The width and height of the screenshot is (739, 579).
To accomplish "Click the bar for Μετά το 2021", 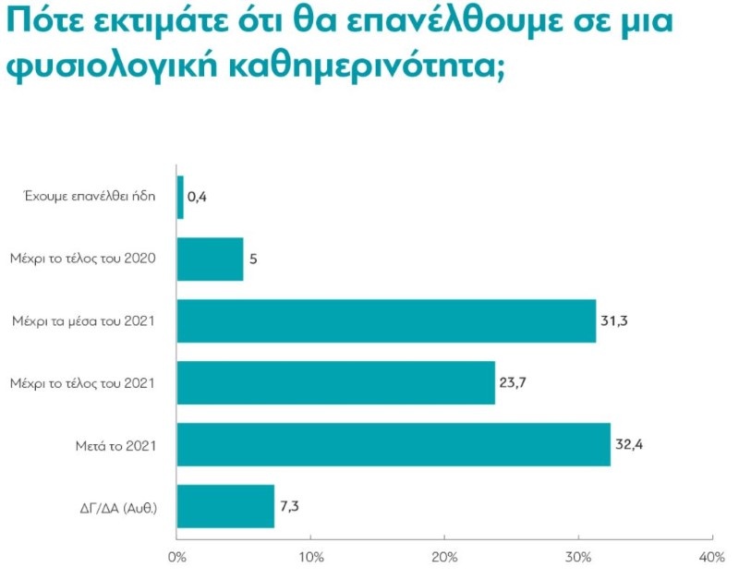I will [x=394, y=444].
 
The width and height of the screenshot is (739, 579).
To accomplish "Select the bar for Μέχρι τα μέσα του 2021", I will [x=386, y=321].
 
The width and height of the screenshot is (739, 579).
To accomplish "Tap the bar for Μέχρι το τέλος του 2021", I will [x=335, y=382].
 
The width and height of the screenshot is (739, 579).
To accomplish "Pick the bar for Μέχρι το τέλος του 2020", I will [x=210, y=259].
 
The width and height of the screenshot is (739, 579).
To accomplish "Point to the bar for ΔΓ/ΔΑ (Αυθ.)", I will [x=225, y=506].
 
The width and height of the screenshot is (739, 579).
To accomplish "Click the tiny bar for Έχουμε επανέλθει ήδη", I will [x=180, y=198].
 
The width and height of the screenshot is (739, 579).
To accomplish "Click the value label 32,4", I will [x=628, y=444].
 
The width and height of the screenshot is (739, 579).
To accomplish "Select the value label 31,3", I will [x=613, y=321].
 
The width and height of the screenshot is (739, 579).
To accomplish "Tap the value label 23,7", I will [x=513, y=382].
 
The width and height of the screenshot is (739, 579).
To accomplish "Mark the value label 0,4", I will [x=196, y=198].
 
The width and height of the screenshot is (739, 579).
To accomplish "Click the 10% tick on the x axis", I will [x=310, y=557].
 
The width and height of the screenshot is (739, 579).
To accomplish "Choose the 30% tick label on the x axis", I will [x=578, y=557].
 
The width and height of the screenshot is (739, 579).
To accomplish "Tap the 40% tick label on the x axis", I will [x=712, y=557].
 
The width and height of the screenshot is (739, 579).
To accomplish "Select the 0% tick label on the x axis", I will [x=176, y=557].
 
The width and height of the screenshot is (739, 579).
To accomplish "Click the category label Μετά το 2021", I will [x=115, y=445].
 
